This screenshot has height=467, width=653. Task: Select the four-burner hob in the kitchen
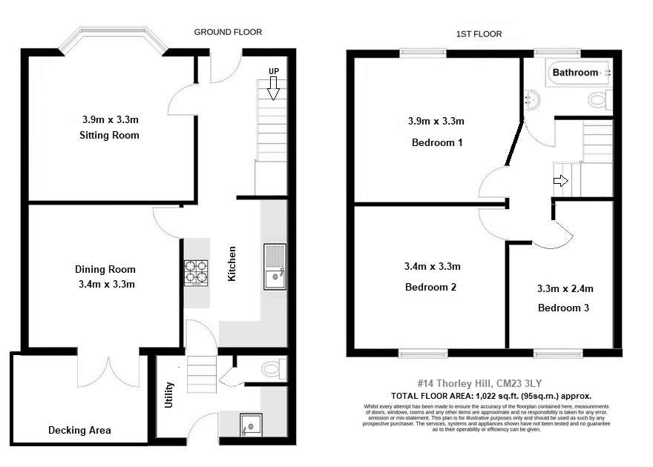(196, 271)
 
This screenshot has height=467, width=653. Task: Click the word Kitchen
(232, 265)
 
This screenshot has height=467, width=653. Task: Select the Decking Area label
(79, 430)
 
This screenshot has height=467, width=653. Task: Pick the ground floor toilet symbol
(272, 367)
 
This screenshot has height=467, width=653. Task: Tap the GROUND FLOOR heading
(228, 32)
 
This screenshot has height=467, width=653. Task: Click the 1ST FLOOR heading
(479, 34)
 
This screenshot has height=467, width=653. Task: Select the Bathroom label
(575, 73)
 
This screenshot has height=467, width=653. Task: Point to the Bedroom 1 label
(437, 142)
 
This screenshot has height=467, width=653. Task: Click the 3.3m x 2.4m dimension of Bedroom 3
(565, 288)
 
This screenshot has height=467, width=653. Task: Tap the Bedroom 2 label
(430, 287)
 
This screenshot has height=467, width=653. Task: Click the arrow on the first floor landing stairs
(561, 180)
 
